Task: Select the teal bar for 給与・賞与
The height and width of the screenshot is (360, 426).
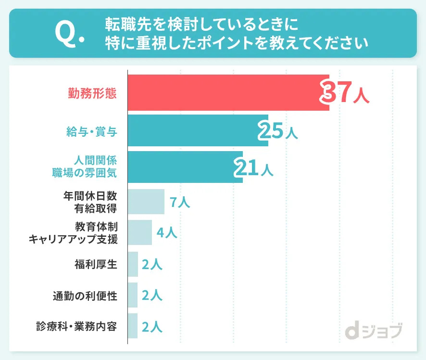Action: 198,130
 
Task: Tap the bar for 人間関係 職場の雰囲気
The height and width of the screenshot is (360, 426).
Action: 185,167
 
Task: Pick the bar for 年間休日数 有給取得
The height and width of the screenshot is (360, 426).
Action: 146,202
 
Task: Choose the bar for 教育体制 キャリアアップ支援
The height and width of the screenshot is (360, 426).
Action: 140,232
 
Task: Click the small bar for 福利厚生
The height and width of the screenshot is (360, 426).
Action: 133,264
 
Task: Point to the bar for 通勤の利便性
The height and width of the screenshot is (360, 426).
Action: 133,295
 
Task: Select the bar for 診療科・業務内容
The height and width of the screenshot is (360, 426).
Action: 133,326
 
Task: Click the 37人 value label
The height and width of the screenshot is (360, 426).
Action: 345,92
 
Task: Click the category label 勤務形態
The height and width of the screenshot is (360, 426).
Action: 92,93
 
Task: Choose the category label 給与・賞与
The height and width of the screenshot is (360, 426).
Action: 92,131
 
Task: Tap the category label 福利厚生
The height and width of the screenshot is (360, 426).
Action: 96,264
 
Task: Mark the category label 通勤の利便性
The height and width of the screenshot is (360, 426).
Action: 85,295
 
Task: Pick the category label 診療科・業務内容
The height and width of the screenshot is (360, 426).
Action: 77,326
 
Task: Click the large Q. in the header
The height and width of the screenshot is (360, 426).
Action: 69,33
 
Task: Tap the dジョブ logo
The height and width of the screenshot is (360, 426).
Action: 374,331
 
